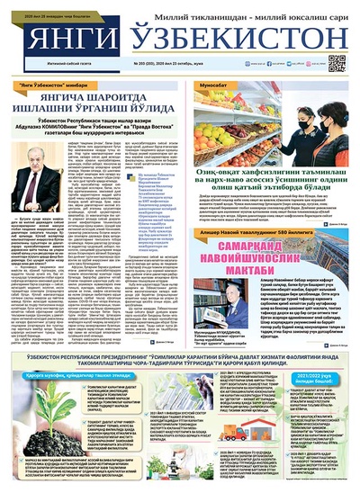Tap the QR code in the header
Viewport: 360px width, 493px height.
click(x=337, y=63)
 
